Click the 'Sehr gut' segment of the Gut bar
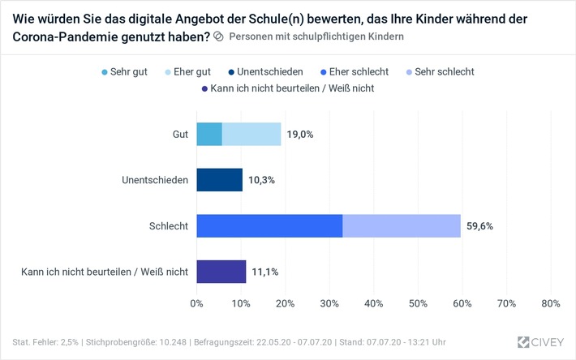click(x=209, y=135)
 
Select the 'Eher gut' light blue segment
click(x=251, y=135)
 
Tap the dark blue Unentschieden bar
click(x=219, y=180)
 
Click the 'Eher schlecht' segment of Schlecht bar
click(x=269, y=225)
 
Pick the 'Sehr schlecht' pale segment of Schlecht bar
click(x=402, y=225)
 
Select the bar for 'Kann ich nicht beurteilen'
click(x=221, y=271)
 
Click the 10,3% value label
click(x=260, y=180)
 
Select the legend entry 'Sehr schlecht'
click(x=442, y=72)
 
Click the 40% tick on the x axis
click(x=373, y=303)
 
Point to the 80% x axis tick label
click(x=550, y=303)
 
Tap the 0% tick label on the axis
click(x=196, y=303)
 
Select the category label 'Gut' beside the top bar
click(x=179, y=135)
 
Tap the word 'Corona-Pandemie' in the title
click(x=56, y=36)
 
